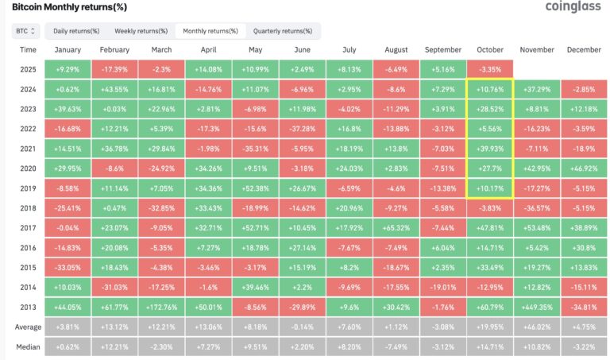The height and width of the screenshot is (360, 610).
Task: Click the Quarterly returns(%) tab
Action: point(283,31)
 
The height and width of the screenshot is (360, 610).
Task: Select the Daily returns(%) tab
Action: point(76,31)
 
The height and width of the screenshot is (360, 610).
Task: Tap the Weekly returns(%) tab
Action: point(141,31)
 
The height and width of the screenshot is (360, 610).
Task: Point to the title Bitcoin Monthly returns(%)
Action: point(64,6)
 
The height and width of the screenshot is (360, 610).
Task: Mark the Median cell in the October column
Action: point(489,347)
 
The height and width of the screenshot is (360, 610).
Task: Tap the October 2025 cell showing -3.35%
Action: point(489,70)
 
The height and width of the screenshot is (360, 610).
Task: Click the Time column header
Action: point(28,49)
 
